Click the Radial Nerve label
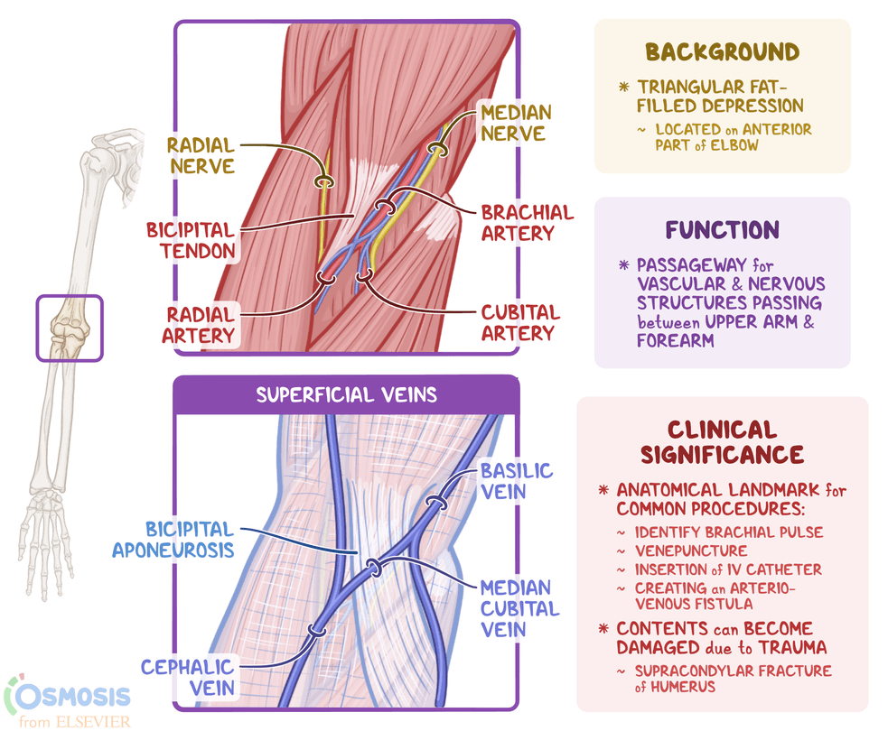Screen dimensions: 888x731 tap(201, 155)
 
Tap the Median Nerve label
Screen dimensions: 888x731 tap(515, 123)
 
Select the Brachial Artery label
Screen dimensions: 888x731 tap(528, 222)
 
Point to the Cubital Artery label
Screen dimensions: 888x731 tap(520, 322)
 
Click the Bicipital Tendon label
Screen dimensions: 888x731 tap(191, 240)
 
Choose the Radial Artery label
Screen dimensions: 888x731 tap(198, 325)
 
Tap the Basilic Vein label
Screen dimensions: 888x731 tap(516, 481)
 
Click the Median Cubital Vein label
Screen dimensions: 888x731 tap(519, 608)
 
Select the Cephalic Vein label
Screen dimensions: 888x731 tap(188, 677)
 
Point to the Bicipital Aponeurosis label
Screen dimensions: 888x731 tap(173, 539)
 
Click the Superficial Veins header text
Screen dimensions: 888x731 tap(346, 395)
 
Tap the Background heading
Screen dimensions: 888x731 tap(722, 52)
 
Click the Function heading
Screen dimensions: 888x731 tap(722, 230)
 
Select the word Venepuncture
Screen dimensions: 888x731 tap(691, 551)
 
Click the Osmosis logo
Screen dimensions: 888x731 tap(68, 701)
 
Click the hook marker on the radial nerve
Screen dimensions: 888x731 tap(324, 182)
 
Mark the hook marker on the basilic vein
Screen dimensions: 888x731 tap(436, 503)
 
